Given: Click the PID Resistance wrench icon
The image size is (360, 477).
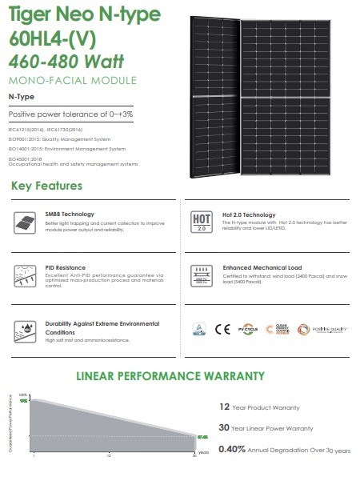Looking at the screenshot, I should coord(27,274).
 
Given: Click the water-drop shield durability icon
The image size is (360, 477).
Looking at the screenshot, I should coord(27,330).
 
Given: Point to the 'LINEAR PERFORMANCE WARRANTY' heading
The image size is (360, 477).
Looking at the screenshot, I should coord(181,375).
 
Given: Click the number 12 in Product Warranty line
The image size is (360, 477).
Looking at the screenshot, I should coord(224,407).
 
